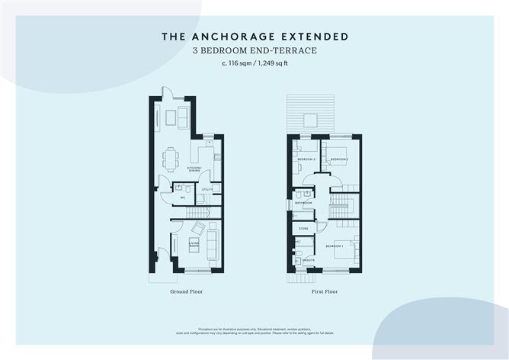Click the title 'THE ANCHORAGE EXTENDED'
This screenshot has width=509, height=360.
click(255, 36)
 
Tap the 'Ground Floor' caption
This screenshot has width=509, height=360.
click(186, 291)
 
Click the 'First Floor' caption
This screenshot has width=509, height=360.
click(325, 291)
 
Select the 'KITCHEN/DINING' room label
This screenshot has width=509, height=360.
click(195, 169)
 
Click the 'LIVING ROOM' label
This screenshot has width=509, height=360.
click(194, 246)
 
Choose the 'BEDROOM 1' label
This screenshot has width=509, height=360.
click(335, 247)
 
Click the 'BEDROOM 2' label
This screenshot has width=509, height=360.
click(339, 159)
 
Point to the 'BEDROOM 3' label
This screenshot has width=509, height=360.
click(306, 159)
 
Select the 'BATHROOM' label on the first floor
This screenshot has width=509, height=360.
click(302, 203)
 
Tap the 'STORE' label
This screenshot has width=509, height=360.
click(303, 228)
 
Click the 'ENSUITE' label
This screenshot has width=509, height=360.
click(309, 261)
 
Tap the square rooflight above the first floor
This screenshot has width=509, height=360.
click(312, 120)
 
